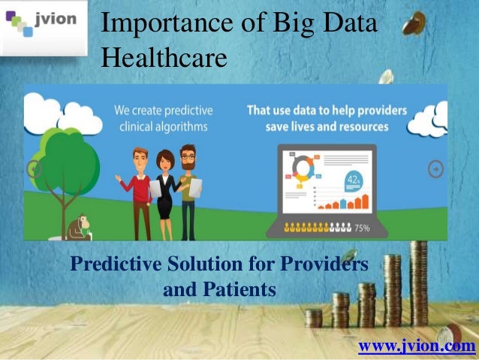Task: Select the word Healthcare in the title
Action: [164, 56]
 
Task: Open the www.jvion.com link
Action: [417, 346]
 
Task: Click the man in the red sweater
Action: [138, 188]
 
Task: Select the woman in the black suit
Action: [164, 192]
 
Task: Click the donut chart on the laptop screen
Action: [300, 168]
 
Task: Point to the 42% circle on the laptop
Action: [354, 180]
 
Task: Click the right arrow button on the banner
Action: [436, 170]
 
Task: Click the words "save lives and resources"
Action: [327, 126]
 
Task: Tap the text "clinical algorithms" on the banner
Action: [162, 126]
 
